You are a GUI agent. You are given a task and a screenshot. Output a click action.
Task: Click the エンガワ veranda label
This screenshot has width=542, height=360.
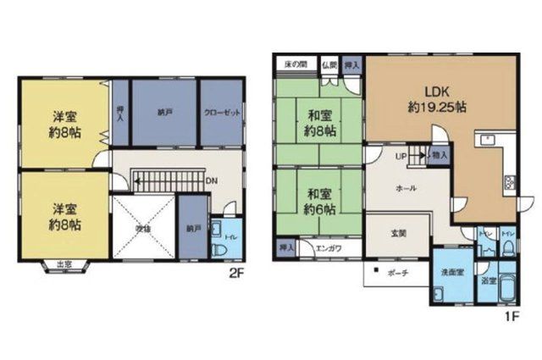pos(329,248)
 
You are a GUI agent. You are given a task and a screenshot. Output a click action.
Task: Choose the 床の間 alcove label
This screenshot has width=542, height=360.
pos(295,64)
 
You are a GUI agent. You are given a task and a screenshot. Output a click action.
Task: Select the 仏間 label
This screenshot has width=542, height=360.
pos(329,64)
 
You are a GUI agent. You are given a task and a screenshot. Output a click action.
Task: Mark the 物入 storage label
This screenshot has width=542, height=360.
pos(439,156)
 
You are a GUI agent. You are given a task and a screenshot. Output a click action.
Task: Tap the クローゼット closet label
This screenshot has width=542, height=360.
pos(220,112)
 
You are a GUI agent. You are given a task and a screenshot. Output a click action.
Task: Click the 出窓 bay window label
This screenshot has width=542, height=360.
pos(64,266)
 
